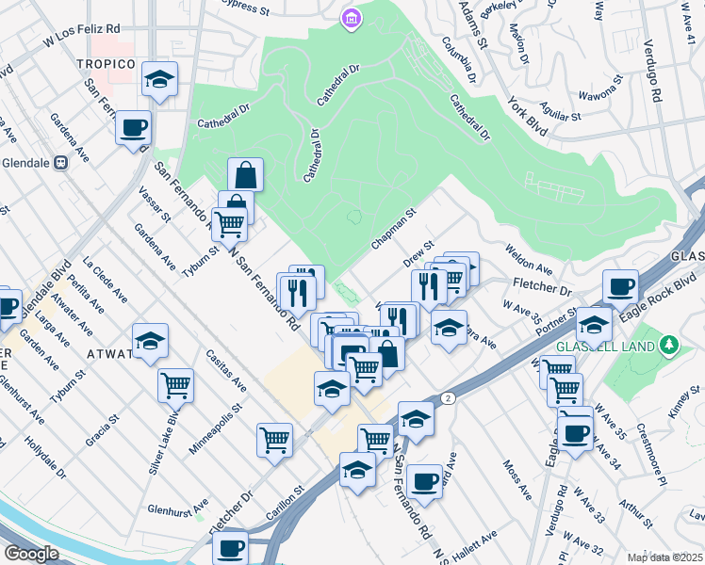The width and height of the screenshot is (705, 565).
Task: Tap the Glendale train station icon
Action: tap(61, 162)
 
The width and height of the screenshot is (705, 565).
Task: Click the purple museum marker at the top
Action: tap(352, 18)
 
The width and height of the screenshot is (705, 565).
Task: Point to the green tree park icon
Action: tap(670, 346)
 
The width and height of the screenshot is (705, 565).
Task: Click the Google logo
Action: tap(31, 554)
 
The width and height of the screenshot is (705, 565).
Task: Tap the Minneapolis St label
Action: tap(215, 429)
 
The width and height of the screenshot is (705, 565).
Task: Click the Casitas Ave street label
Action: tap(228, 371)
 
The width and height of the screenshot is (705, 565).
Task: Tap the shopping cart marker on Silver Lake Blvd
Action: tap(175, 384)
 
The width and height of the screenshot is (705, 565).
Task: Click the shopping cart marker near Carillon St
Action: tap(274, 438)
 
